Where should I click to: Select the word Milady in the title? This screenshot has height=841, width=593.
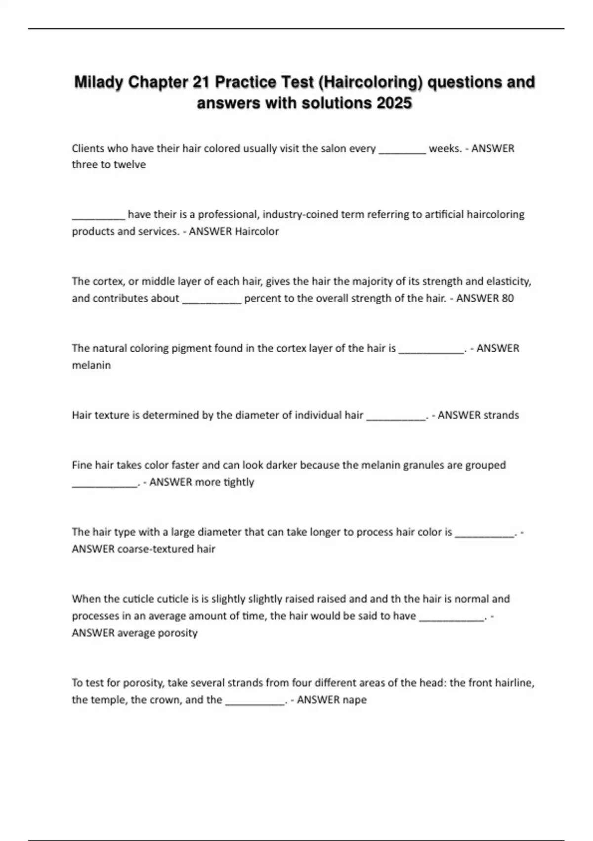(99, 82)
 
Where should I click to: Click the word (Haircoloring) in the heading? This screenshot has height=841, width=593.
(371, 82)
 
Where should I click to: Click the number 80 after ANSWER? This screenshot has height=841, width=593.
(508, 298)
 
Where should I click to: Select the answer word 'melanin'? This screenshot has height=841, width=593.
(91, 365)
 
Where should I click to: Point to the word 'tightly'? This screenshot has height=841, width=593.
(239, 482)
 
